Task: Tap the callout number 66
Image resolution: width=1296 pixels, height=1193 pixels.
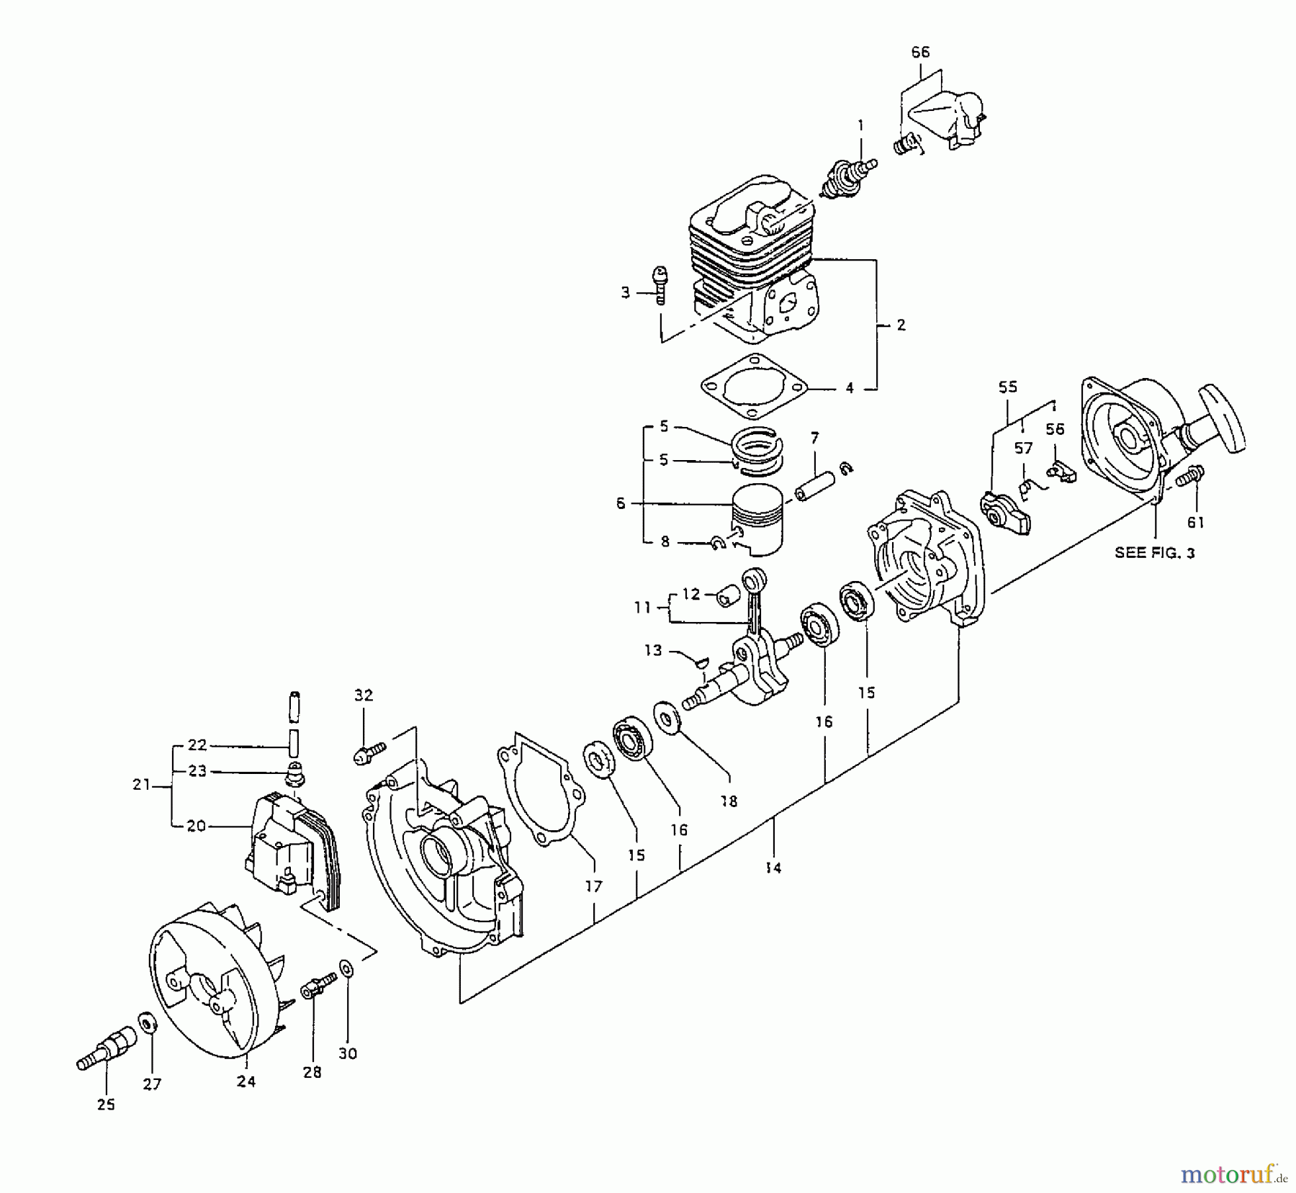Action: [x=920, y=52]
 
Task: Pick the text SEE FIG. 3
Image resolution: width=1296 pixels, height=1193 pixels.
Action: [x=1154, y=553]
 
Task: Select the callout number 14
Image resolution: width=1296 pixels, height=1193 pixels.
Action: [x=773, y=868]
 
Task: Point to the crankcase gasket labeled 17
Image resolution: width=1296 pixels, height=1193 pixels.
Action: [x=540, y=792]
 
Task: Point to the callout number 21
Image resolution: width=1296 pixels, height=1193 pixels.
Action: [x=141, y=785]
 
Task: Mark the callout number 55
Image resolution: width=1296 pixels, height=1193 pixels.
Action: [x=1007, y=387]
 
